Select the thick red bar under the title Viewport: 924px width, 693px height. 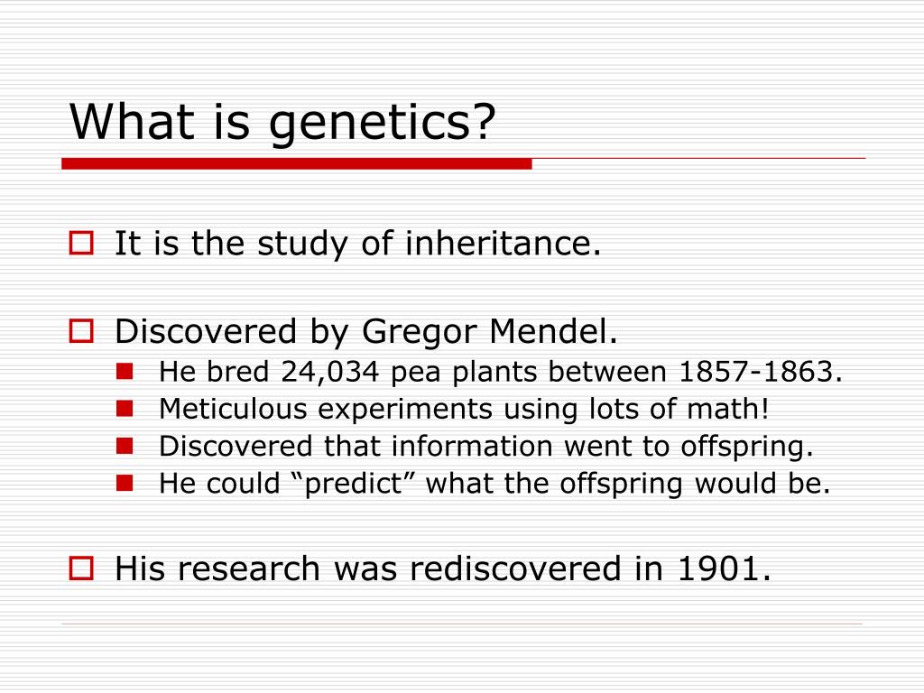[296, 163]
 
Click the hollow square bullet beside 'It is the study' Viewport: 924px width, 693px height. [81, 243]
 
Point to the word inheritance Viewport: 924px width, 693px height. [503, 243]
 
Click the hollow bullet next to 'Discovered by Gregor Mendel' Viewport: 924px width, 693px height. [81, 331]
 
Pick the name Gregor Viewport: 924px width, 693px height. [419, 332]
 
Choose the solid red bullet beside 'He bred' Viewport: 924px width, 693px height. [125, 371]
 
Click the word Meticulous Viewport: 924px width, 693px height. [233, 409]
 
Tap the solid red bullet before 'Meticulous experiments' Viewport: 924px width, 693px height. [125, 409]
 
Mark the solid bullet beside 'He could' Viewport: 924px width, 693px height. [125, 484]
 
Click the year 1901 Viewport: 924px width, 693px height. [725, 568]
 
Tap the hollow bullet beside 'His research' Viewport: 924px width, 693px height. [81, 568]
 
